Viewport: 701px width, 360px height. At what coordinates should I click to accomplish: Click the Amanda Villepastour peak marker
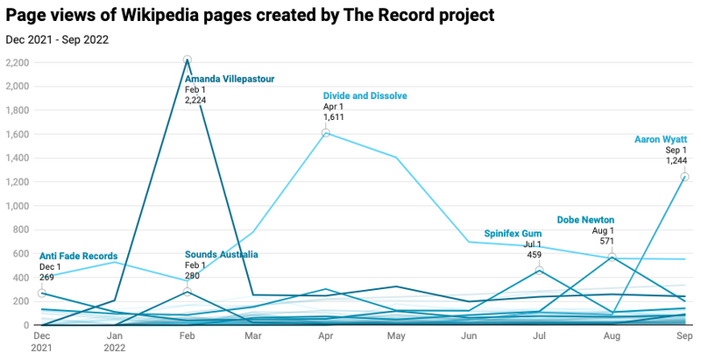(188, 60)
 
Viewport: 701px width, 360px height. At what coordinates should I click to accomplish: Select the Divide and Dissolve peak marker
(326, 133)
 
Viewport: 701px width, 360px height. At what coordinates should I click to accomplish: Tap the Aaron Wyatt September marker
(685, 177)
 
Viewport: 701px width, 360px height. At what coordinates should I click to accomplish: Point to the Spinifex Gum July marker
(541, 270)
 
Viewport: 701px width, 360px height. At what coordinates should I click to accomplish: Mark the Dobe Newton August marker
(613, 257)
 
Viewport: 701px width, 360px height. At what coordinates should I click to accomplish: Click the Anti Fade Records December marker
(42, 293)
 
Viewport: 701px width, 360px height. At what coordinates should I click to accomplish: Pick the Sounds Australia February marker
(188, 292)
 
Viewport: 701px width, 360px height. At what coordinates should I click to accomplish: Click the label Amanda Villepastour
(229, 79)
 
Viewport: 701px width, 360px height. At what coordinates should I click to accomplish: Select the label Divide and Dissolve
(365, 95)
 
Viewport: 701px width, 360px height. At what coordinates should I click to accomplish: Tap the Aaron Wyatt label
(662, 138)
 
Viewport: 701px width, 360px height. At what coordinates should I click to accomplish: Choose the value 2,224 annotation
(195, 100)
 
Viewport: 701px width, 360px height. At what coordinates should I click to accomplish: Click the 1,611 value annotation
(335, 116)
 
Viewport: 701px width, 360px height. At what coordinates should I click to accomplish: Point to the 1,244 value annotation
(676, 160)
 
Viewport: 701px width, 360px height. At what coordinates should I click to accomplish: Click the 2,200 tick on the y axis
(18, 63)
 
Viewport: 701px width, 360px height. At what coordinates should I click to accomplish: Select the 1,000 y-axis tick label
(18, 207)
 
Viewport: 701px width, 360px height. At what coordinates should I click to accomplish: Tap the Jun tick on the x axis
(468, 335)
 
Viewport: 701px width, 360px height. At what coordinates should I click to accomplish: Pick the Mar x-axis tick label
(253, 335)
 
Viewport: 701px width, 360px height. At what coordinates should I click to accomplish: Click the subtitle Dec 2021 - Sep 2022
(57, 39)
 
